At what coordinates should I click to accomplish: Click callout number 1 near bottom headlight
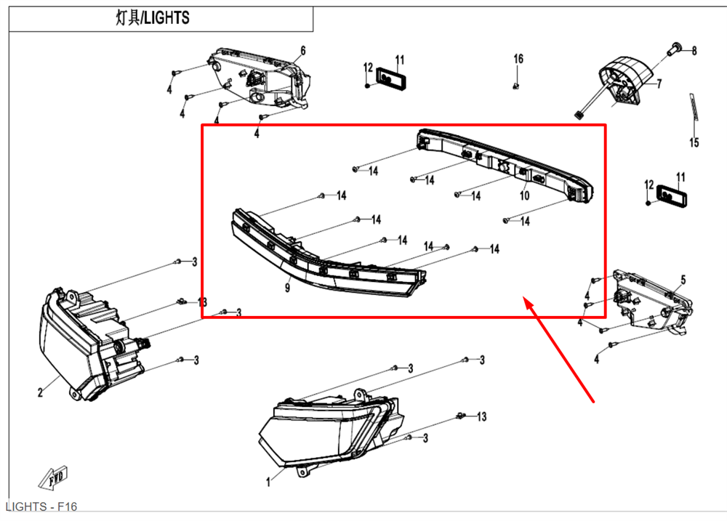point(269,481)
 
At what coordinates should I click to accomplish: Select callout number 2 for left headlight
point(40,393)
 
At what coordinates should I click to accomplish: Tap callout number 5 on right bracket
point(683,280)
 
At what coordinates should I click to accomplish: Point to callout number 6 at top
point(302,50)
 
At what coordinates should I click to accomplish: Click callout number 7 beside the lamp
point(659,84)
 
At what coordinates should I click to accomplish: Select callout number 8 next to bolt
point(694,51)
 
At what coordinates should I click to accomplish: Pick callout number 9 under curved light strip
point(287,288)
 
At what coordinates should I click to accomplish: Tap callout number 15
point(694,142)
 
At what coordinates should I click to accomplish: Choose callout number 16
point(518,58)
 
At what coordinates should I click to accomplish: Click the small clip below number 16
point(515,86)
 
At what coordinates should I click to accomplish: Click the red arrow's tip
point(526,299)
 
